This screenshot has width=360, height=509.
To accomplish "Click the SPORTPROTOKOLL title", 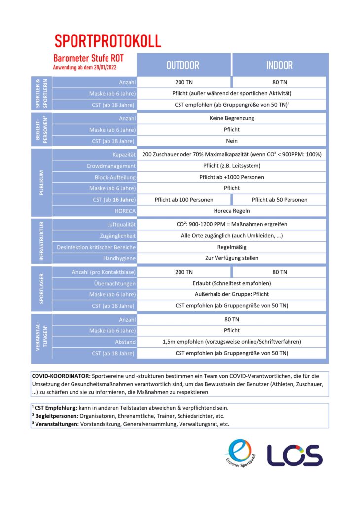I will coord(108,41).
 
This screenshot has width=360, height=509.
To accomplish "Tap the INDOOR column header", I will coord(279,65).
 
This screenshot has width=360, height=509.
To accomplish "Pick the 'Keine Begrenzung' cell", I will coord(231,119).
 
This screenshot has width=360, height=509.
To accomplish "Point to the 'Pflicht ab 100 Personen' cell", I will coord(183,200).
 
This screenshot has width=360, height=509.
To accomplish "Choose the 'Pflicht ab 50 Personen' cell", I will coord(279,200).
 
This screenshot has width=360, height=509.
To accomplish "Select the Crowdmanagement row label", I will coord(111,166).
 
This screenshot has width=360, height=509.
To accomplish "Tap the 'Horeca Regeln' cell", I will coord(231,211).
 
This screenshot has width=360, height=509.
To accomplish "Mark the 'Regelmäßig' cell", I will coord(231,247).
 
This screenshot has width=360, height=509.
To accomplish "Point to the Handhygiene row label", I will coord(119,258).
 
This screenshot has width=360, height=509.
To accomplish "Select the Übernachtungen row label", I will coord(115,284).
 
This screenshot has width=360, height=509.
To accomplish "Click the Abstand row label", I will coord(125,342).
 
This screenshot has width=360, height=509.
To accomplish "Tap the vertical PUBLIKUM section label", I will coord(41,182).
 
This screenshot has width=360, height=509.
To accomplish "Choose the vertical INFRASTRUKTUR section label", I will coord(41,241).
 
